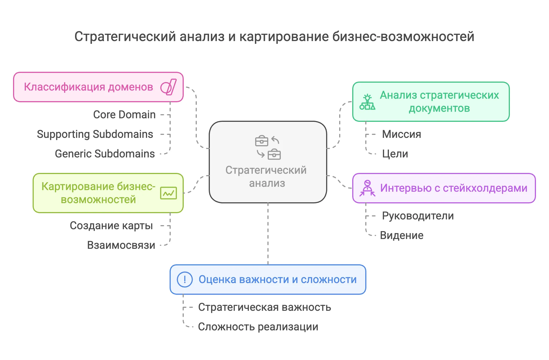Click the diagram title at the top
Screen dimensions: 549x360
coord(274,36)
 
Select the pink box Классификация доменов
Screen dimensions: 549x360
coord(98,87)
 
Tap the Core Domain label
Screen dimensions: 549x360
coord(124,114)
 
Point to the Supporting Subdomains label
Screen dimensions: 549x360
coord(95,134)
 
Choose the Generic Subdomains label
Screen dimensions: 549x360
coord(105,154)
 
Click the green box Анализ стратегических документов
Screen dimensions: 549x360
coord(431,102)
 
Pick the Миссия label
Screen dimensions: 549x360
coord(401,134)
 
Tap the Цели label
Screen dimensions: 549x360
coord(395,154)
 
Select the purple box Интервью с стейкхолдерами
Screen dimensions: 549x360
coord(444,188)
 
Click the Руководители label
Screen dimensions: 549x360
coord(418,216)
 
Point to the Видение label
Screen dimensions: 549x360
coord(401,235)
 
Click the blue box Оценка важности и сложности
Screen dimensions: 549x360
coord(268,280)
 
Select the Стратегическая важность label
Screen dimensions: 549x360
coord(264,307)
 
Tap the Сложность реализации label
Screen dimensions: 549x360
coord(258,327)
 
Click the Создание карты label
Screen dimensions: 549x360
coord(111,226)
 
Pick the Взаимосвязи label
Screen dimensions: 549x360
coord(121,245)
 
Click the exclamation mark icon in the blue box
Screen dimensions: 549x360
coord(185,280)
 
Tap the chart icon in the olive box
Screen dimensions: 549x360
coord(169,193)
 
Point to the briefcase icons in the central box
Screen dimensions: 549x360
coord(268,147)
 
